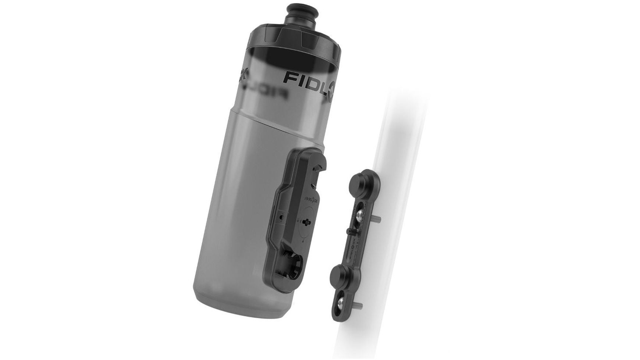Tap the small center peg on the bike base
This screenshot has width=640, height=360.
click(350, 230)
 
